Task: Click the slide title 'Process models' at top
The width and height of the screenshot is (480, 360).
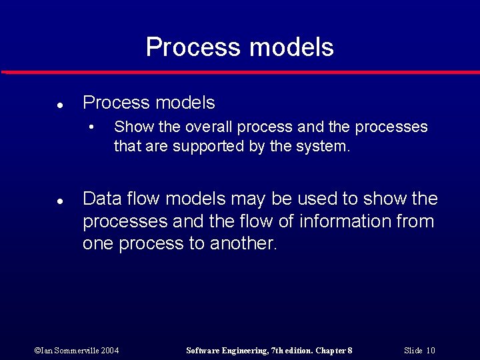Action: pos(239,47)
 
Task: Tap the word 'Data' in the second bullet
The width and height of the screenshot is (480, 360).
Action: pos(101,199)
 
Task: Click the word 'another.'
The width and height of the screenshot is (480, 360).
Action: pos(243,244)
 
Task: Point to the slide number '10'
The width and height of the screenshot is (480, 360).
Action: pos(430,351)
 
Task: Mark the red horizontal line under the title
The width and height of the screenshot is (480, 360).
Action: pos(240,72)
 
